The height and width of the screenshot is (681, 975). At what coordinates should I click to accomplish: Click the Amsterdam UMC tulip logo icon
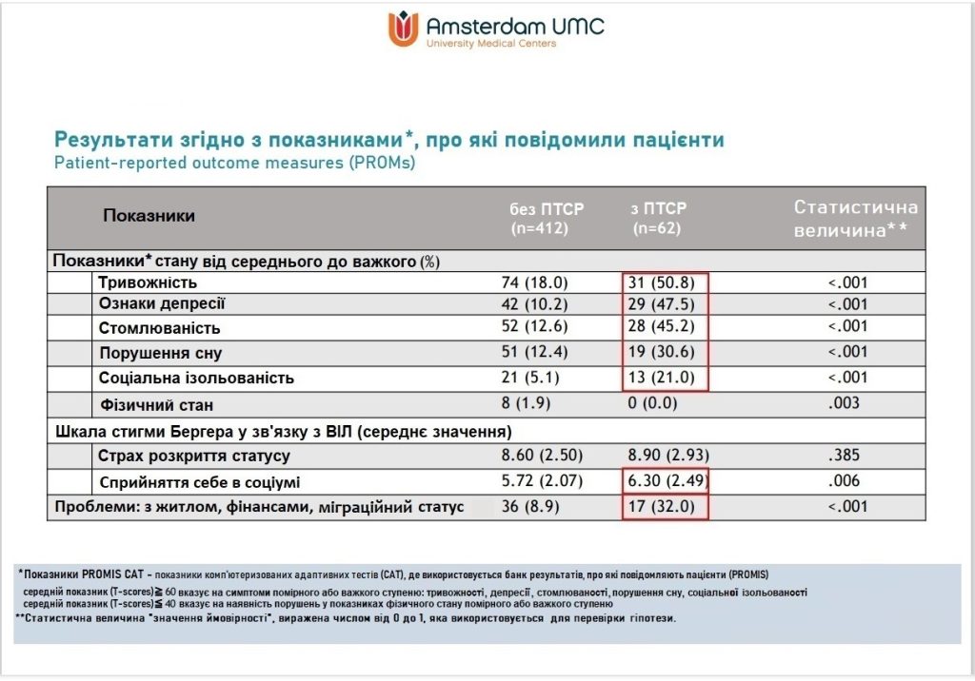click(x=404, y=29)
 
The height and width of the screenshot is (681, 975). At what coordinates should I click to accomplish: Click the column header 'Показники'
click(x=149, y=216)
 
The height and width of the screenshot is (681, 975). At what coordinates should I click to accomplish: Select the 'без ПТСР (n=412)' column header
click(x=546, y=218)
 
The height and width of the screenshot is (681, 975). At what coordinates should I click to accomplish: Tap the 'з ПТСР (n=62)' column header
click(x=659, y=218)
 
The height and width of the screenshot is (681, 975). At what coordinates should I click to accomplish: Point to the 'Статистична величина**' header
click(x=855, y=219)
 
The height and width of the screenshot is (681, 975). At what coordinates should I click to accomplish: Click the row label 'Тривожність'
click(x=147, y=282)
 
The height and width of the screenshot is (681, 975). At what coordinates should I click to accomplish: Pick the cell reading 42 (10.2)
click(x=534, y=304)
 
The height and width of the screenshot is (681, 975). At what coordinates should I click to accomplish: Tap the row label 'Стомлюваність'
click(x=159, y=328)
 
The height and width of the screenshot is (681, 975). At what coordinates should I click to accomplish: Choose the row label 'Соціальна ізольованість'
click(x=195, y=378)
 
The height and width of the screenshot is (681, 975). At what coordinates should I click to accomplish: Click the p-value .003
click(x=845, y=402)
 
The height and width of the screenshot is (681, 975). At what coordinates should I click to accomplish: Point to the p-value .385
click(x=845, y=457)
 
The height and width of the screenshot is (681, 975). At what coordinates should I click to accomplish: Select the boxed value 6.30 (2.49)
click(x=666, y=481)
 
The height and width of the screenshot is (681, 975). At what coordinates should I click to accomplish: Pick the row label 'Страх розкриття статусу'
click(x=193, y=457)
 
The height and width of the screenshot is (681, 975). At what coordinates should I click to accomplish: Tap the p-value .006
click(x=845, y=481)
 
